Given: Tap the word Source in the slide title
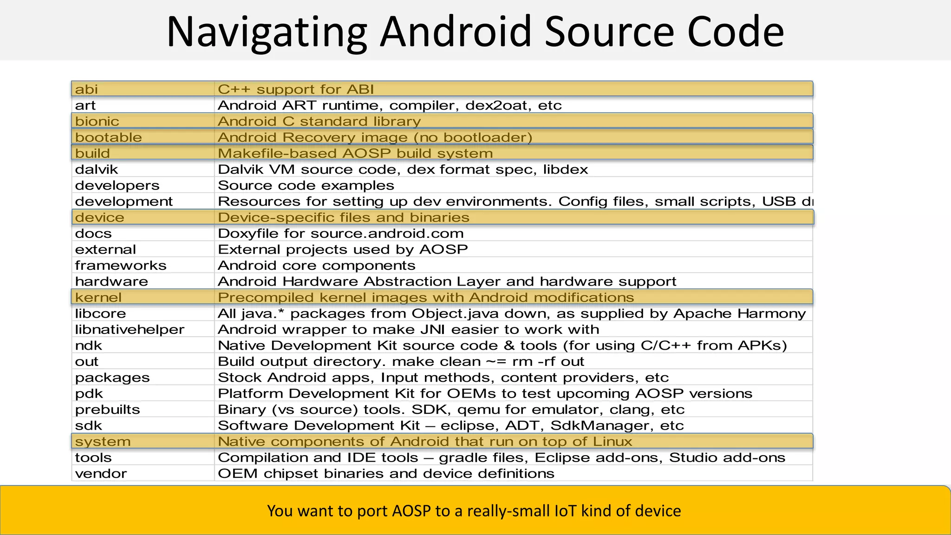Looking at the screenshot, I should (x=608, y=33).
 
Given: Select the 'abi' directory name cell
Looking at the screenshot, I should (x=86, y=89).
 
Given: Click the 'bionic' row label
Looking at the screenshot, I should (x=97, y=121).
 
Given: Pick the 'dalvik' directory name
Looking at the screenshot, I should (x=97, y=170).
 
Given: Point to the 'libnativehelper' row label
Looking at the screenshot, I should (x=130, y=330).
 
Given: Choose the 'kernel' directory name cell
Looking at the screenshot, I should (x=98, y=298).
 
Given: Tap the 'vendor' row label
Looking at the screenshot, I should (x=101, y=474).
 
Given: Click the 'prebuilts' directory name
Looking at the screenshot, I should (x=107, y=410).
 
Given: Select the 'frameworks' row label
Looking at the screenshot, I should (x=121, y=266).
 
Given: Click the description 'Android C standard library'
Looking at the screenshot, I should (x=319, y=121).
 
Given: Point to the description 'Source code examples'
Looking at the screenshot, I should (x=306, y=185).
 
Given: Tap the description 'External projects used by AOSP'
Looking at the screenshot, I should (x=343, y=249).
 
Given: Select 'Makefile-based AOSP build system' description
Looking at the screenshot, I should (x=355, y=153).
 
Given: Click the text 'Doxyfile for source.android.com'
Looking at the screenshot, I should (x=341, y=234).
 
